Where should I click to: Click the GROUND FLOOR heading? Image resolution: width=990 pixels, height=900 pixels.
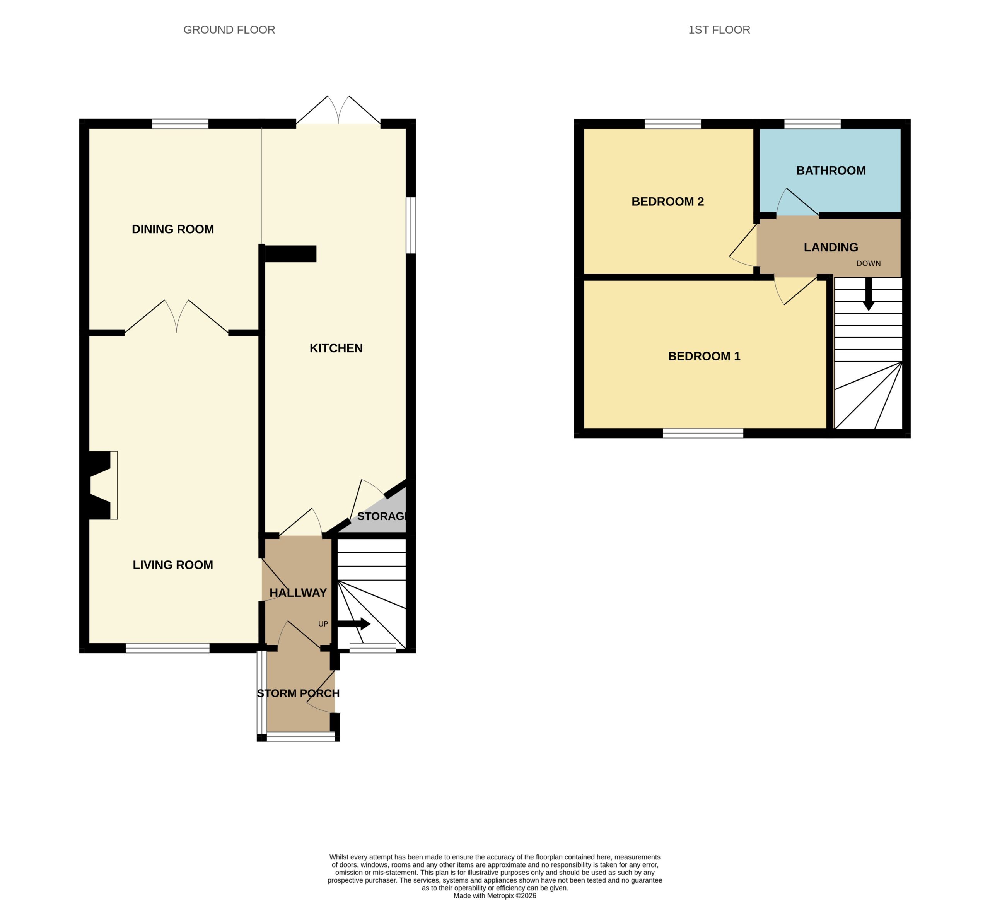[229, 30]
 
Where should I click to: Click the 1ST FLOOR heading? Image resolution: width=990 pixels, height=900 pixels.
[719, 30]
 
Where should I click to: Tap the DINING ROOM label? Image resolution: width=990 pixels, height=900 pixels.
[173, 229]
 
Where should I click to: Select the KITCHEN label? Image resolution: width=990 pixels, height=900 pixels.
[336, 348]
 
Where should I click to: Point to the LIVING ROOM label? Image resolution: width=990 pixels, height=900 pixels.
[173, 565]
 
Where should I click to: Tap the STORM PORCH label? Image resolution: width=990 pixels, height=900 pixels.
[298, 693]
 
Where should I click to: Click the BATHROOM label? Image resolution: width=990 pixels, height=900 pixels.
[831, 171]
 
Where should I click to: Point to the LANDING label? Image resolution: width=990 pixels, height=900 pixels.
[831, 247]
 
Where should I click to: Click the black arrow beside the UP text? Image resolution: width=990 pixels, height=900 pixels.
[353, 624]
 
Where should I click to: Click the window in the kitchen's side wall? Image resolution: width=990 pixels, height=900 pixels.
[411, 225]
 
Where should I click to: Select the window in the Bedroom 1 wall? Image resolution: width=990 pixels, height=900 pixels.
[703, 433]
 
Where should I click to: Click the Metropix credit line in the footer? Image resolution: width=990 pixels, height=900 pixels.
[495, 896]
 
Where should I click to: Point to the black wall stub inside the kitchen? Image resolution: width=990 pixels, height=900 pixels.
[290, 254]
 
